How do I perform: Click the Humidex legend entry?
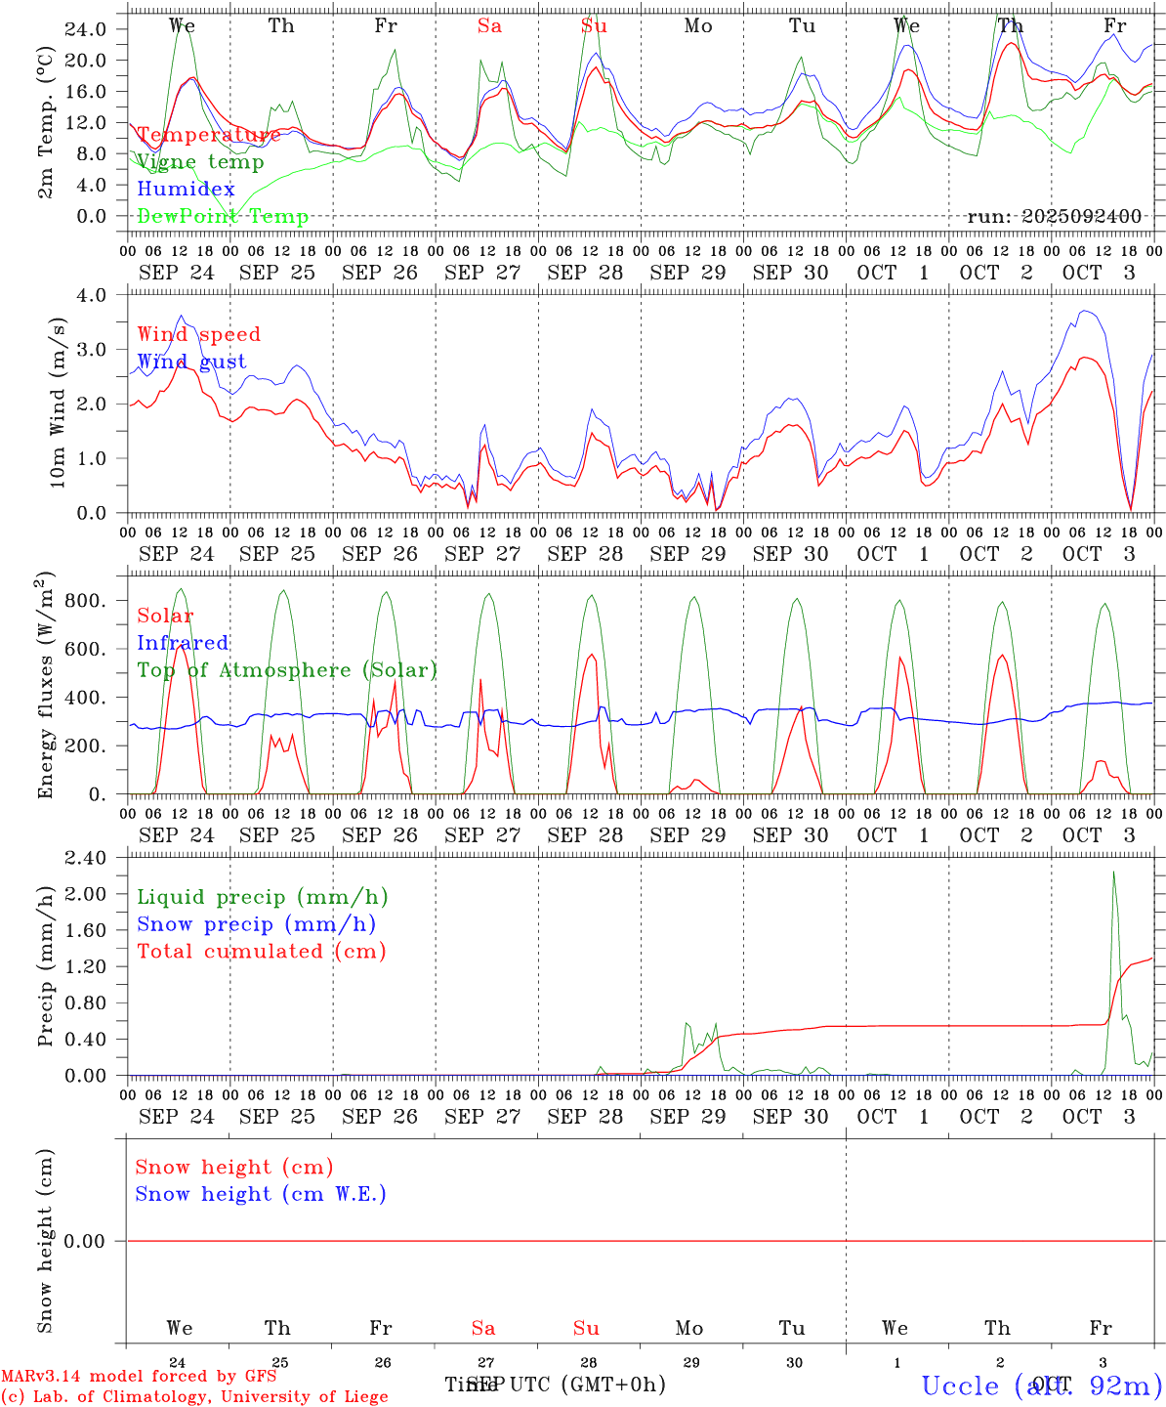click(186, 190)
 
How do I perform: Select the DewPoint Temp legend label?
click(223, 217)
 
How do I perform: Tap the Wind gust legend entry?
click(191, 362)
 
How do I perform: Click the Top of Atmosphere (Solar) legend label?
click(286, 670)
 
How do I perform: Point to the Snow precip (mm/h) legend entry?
click(256, 924)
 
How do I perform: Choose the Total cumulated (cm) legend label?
click(261, 952)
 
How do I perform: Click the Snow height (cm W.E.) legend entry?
click(260, 1194)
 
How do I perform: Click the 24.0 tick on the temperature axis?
click(86, 29)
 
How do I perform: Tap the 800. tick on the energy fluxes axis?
click(85, 601)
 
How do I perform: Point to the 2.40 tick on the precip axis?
click(85, 858)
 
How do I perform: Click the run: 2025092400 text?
click(1054, 217)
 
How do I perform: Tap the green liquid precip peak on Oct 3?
click(1114, 872)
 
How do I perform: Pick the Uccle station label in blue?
click(1041, 1386)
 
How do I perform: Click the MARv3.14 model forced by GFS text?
click(139, 1376)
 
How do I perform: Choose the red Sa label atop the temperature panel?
click(489, 26)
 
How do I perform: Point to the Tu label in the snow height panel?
click(792, 1328)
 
